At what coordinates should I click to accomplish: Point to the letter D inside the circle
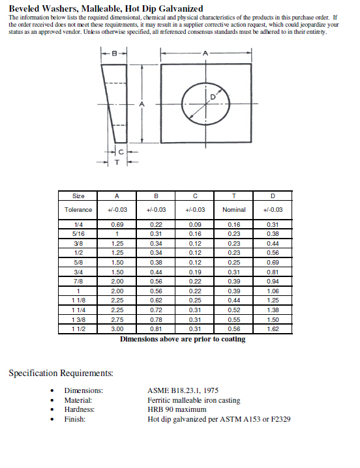click(212, 97)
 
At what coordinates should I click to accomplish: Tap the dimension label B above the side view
click(115, 53)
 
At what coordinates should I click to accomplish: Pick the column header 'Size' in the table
click(78, 196)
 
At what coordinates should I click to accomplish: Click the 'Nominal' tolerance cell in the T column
click(233, 210)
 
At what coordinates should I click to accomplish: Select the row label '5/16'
click(78, 233)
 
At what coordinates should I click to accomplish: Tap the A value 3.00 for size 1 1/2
click(117, 329)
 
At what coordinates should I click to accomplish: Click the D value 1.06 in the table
click(273, 291)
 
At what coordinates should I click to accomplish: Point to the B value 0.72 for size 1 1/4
click(156, 310)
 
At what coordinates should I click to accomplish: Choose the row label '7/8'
click(78, 281)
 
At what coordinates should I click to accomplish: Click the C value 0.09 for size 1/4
click(195, 224)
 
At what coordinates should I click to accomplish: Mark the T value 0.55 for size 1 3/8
click(233, 320)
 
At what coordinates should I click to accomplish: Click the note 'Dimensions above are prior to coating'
click(183, 339)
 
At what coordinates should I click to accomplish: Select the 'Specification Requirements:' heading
click(61, 373)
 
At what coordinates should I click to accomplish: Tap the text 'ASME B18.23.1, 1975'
click(183, 390)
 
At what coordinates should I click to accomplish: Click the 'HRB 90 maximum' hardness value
click(177, 409)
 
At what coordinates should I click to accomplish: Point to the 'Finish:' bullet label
click(74, 418)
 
